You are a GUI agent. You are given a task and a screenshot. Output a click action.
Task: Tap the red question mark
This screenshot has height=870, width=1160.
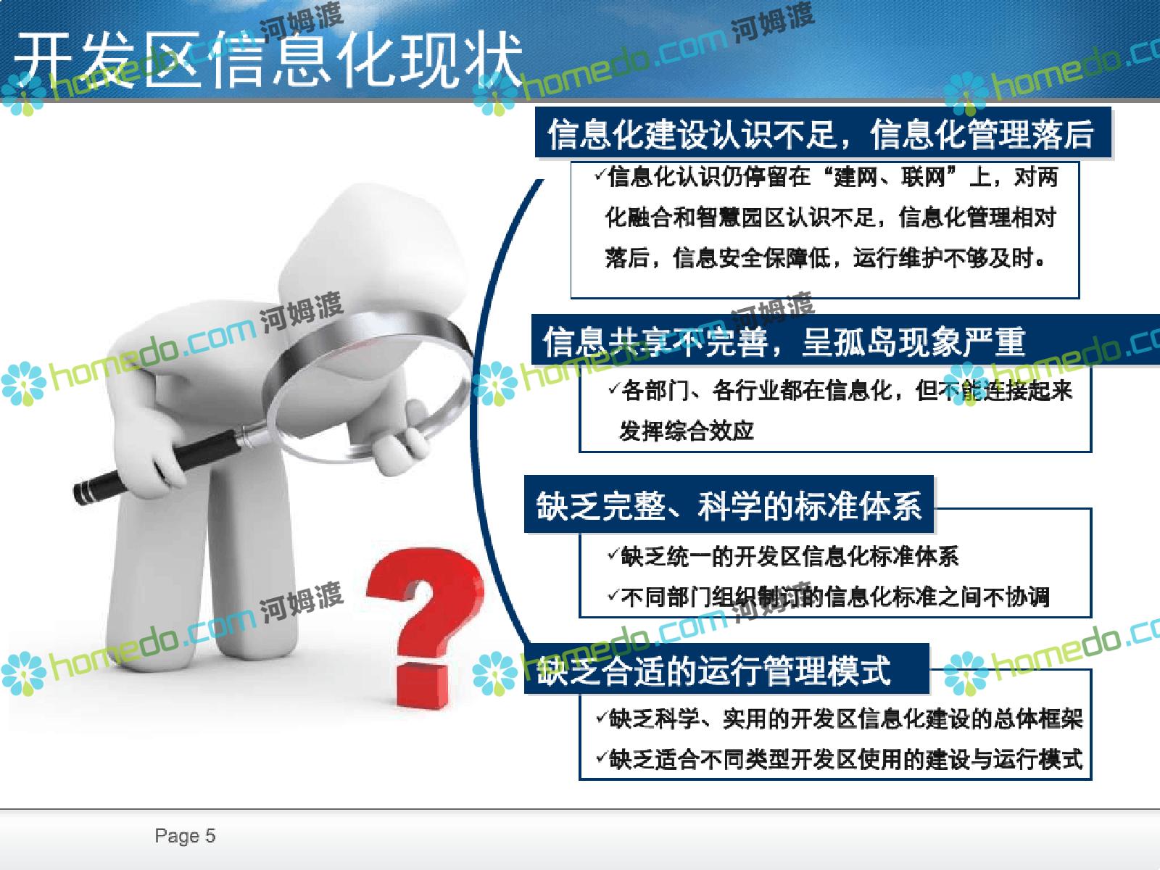[426, 626]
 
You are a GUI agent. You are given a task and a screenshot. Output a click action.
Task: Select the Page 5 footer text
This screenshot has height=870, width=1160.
[185, 836]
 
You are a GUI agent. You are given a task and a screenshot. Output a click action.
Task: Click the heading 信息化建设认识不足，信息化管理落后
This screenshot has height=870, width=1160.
[820, 134]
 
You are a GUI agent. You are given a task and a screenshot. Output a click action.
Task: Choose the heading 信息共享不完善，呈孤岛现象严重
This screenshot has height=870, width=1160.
[784, 341]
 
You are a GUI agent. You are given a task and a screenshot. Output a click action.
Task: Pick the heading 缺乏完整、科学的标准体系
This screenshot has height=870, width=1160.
[729, 505]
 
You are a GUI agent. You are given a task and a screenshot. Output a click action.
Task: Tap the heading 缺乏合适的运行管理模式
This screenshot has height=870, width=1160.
[713, 670]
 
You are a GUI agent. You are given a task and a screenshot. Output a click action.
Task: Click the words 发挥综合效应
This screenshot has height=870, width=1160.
[686, 431]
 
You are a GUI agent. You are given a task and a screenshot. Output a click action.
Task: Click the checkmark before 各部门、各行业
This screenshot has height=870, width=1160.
[613, 389]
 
